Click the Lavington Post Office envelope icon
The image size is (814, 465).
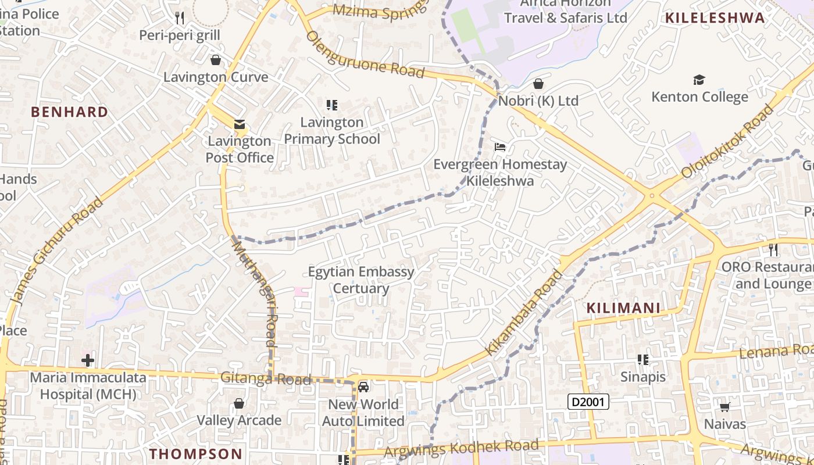tap(239, 124)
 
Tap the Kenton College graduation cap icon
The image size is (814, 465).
tap(699, 80)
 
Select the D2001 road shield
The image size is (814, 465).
tap(588, 402)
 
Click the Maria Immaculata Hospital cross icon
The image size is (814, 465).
tap(88, 360)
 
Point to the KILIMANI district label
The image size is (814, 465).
tap(623, 308)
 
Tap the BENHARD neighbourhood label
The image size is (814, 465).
tap(69, 112)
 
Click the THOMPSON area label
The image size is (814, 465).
tap(195, 454)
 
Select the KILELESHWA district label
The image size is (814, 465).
tap(715, 18)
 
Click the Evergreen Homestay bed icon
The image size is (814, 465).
tap(499, 147)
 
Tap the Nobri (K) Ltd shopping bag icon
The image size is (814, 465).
tap(538, 84)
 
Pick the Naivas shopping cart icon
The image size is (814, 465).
tap(724, 407)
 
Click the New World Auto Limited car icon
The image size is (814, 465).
tap(363, 387)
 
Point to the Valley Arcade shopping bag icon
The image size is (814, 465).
tap(238, 403)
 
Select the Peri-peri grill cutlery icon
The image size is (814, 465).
tap(180, 18)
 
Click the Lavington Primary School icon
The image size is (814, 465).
tap(332, 105)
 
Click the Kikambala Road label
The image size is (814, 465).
tap(524, 313)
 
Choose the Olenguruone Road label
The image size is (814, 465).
tap(365, 54)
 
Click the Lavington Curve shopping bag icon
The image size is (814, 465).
tap(216, 60)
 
